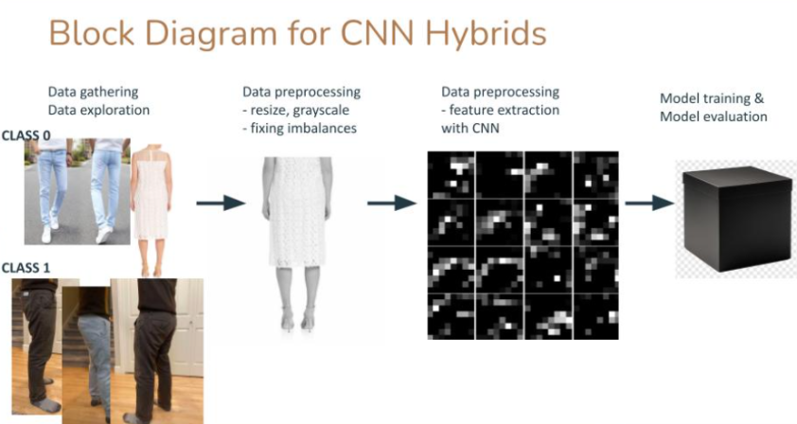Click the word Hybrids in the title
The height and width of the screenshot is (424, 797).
tap(486, 33)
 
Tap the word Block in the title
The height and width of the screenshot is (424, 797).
tap(92, 33)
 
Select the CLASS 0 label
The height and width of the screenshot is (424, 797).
tap(26, 135)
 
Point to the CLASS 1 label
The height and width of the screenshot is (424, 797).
tap(26, 268)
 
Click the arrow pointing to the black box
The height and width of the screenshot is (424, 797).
tap(649, 203)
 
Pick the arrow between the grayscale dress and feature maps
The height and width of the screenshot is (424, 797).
tap(392, 203)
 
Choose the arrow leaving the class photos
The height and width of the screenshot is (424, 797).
tap(221, 203)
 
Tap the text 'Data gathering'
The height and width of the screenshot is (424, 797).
tap(93, 92)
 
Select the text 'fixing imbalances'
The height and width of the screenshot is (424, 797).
tap(304, 128)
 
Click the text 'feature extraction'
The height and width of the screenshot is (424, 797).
tap(505, 110)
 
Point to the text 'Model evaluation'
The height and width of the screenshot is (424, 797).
tap(714, 116)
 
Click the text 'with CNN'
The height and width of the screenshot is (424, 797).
tap(470, 128)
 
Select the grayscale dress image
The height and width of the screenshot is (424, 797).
tap(297, 245)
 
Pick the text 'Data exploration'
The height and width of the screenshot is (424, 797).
tap(98, 111)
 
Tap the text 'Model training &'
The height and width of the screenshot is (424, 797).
tap(712, 98)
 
